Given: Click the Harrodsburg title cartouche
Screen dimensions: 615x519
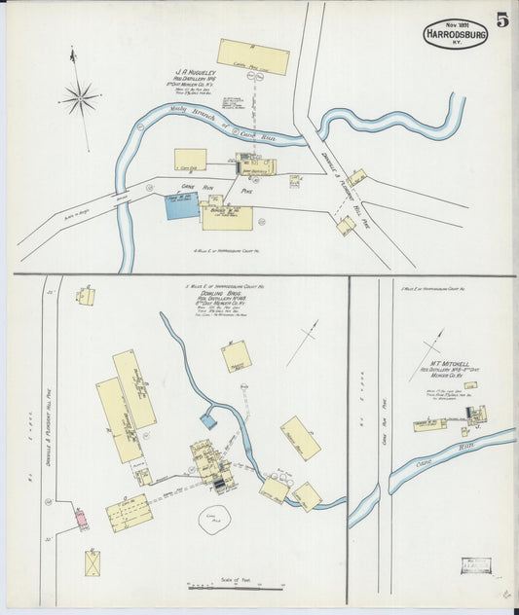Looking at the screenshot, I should (455, 33).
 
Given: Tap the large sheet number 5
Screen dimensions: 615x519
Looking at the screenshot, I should (501, 20).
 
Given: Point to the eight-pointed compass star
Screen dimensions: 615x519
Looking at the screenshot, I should (80, 97).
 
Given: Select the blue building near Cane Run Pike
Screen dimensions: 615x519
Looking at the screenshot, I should (181, 205).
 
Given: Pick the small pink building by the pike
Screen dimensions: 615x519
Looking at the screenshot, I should (82, 518).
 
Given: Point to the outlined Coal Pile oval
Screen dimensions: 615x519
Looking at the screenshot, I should (213, 523).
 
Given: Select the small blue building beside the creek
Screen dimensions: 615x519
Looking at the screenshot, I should (208, 421).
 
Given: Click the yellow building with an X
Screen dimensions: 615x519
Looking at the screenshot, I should (92, 562).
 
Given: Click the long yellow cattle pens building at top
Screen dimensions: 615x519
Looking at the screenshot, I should (253, 56).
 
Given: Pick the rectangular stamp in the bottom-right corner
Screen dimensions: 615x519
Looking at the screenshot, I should (476, 565).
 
